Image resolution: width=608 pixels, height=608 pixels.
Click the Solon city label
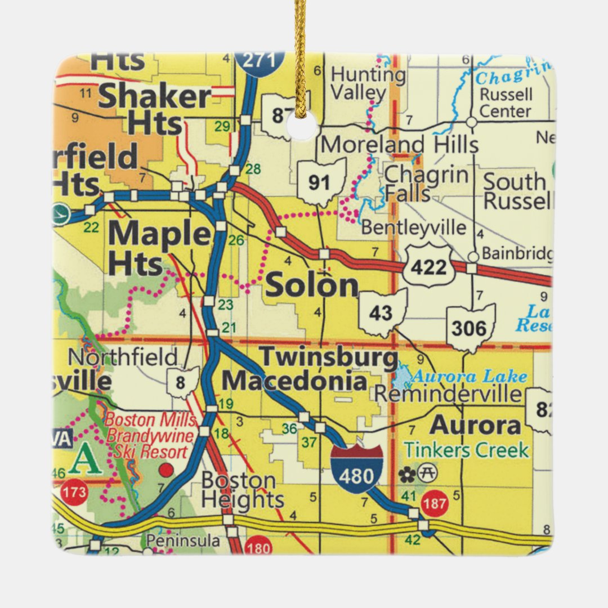pyautogui.click(x=312, y=285)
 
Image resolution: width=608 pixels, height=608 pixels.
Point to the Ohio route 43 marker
pyautogui.click(x=382, y=313)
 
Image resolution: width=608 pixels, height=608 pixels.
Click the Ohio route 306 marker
pyautogui.click(x=471, y=328)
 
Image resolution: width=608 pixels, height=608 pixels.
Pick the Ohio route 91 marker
pyautogui.click(x=322, y=182)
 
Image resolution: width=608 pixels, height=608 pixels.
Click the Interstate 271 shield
pyautogui.click(x=260, y=61)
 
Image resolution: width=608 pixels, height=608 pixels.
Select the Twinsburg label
pyautogui.click(x=328, y=357)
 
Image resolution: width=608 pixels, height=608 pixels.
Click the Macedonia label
pyautogui.click(x=294, y=381)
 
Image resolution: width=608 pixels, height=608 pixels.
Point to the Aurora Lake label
pyautogui.click(x=470, y=377)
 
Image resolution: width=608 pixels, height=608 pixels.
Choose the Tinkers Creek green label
pyautogui.click(x=467, y=450)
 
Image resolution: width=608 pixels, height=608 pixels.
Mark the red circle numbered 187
pyautogui.click(x=435, y=503)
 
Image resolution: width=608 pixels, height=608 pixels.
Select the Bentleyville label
pyautogui.click(x=414, y=228)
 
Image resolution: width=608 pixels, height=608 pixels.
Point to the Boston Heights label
pyautogui.click(x=242, y=490)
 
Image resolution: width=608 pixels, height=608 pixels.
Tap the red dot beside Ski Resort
pyautogui.click(x=166, y=469)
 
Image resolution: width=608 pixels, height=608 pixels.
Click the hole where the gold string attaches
pyautogui.click(x=302, y=126)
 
